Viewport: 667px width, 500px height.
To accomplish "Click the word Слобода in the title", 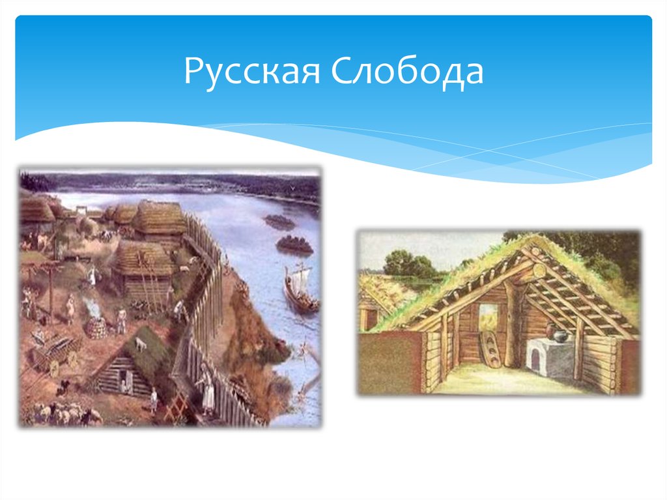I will tap(408, 72).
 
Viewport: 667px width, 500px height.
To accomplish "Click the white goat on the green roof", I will tap(140, 345).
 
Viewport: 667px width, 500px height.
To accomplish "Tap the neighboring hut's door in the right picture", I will tap(369, 319).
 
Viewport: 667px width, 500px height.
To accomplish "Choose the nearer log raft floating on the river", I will tap(294, 246).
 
